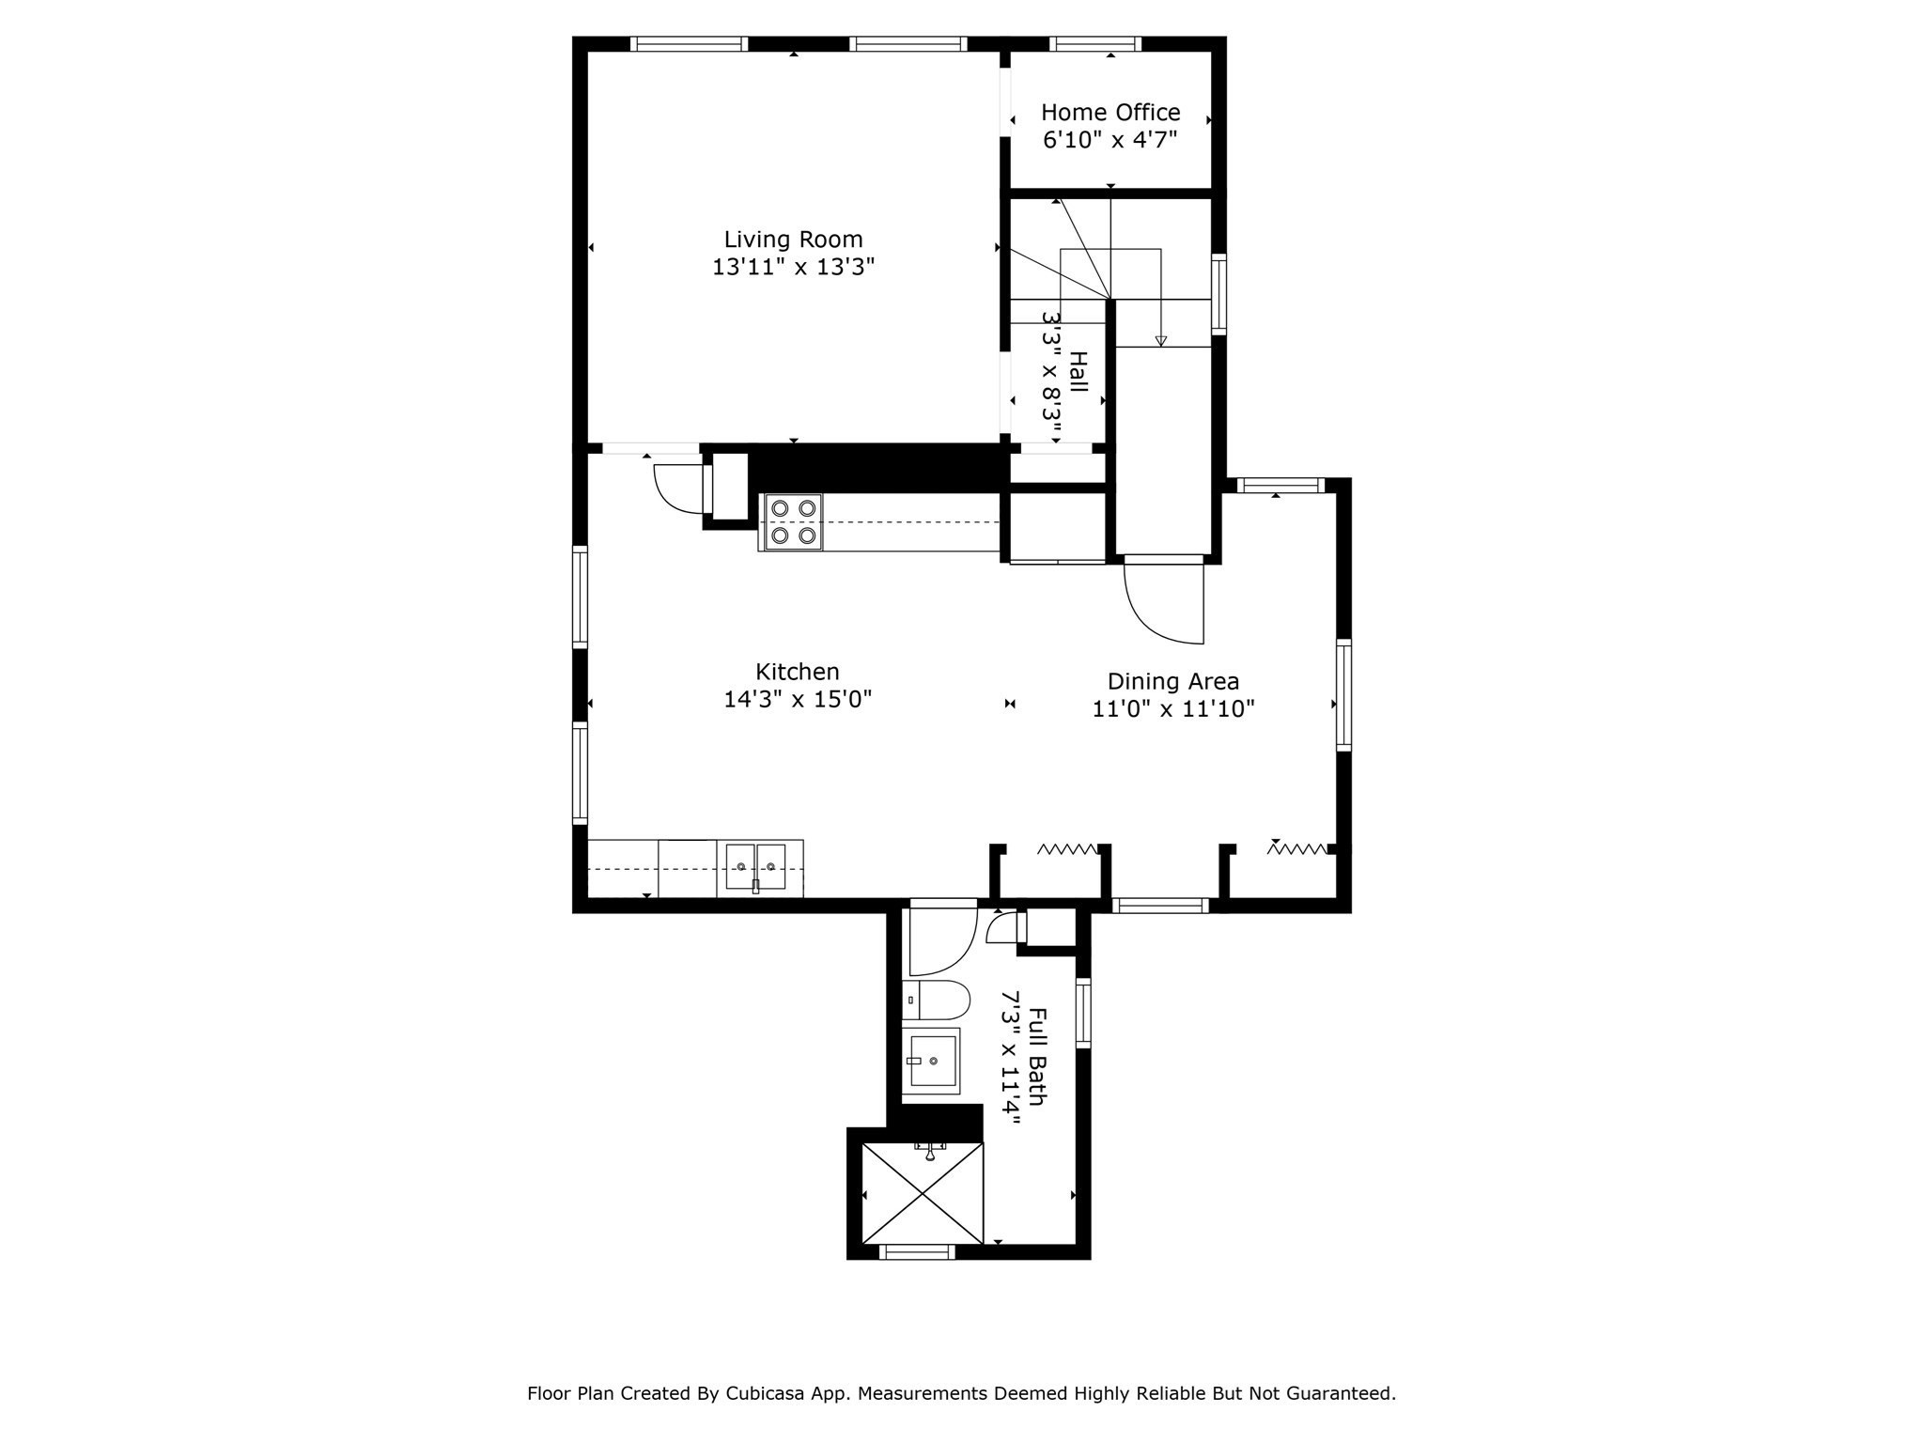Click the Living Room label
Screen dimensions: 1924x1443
(x=793, y=240)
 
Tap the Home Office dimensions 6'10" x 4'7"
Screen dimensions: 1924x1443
(x=1110, y=140)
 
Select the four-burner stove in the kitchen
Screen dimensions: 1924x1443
(x=792, y=521)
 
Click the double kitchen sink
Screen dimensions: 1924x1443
(x=755, y=867)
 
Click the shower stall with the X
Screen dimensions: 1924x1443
(x=923, y=1194)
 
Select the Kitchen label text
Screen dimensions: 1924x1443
(x=798, y=672)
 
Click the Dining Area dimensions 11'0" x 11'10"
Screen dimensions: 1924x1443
(x=1173, y=708)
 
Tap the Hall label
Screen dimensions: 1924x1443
(x=1078, y=372)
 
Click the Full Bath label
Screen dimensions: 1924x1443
(x=1037, y=1057)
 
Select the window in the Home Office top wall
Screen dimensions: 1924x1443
(x=1095, y=43)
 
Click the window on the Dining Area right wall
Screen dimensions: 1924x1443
(x=1343, y=695)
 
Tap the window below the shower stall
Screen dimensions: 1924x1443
(x=916, y=1251)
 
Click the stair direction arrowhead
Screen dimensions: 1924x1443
(x=1161, y=341)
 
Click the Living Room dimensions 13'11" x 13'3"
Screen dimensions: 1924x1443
(x=793, y=267)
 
